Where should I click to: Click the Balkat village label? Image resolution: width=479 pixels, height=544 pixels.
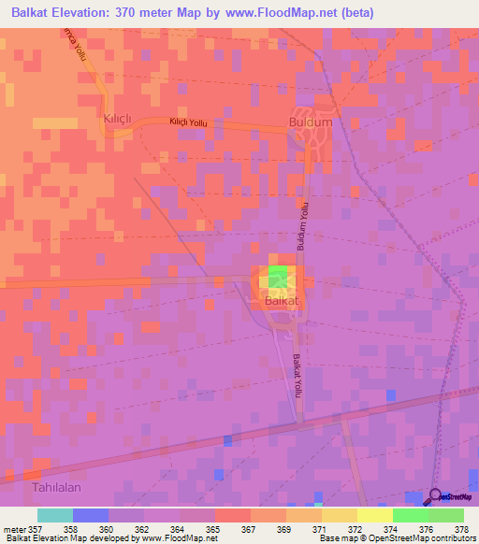pos(281,301)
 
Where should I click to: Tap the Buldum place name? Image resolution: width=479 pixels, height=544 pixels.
pos(311,122)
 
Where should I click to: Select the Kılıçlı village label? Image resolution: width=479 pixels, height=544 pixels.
pos(119,116)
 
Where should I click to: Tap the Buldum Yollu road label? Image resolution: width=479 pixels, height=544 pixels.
pos(302,228)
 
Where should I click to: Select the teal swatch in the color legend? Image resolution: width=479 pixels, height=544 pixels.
pos(54,515)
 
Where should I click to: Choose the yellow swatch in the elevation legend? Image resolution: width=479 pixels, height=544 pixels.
pos(374,515)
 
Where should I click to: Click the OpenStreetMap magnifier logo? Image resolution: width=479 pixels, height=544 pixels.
pos(436,498)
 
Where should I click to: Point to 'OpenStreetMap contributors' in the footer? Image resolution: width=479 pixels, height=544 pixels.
pos(421,539)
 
